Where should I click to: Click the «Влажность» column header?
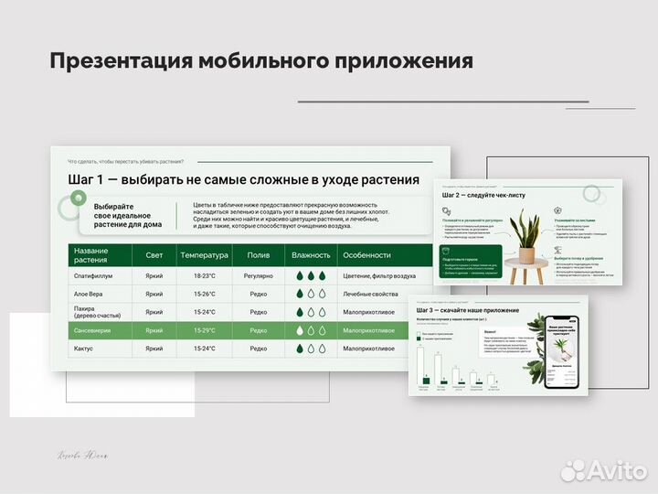(310, 255)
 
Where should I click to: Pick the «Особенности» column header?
(366, 255)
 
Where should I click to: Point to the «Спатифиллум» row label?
(93, 275)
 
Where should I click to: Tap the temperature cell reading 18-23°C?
(204, 275)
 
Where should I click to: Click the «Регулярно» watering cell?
(259, 275)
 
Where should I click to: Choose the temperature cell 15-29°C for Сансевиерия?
(204, 330)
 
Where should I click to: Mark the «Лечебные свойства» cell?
(370, 294)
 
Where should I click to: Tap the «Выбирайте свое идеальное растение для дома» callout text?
(127, 215)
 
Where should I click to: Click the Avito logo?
(606, 469)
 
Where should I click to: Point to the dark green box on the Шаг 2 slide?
(472, 261)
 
